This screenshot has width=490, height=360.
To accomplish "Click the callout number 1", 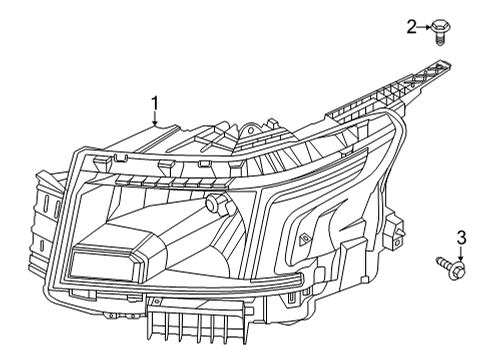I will coord(156,103).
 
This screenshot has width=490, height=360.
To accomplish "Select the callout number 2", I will coord(411,27).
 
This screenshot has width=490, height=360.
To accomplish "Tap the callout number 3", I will coord(460,238).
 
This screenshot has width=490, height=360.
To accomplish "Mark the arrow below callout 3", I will coord(460,254).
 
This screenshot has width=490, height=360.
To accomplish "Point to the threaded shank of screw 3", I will coord(441,263).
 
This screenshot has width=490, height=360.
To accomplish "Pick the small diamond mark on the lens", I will coord(303,237).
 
